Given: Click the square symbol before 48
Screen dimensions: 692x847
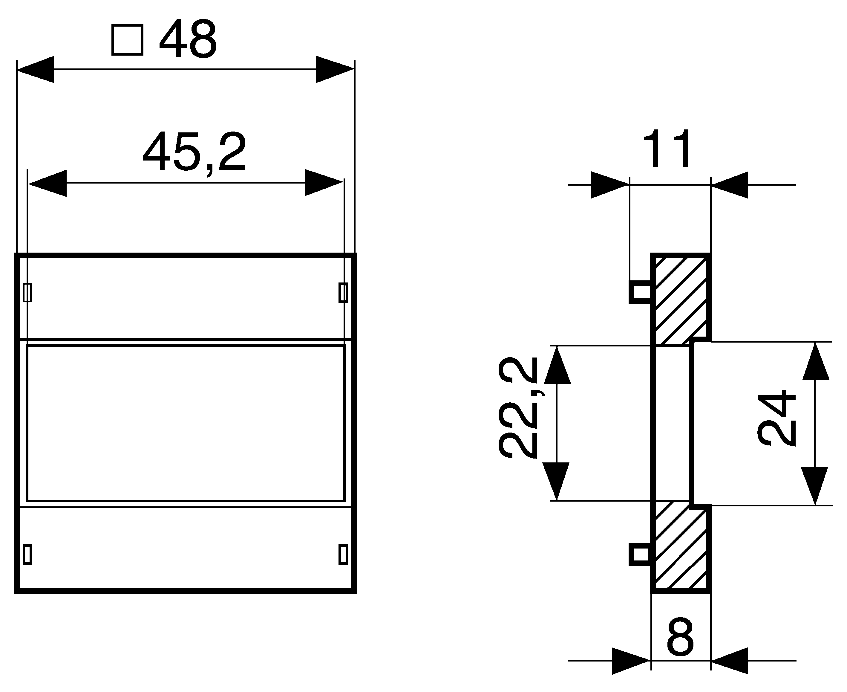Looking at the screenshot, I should click(x=127, y=40).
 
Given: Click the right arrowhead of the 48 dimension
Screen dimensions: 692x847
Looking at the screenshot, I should click(x=335, y=69).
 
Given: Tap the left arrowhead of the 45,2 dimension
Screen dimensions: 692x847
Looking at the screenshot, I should click(x=48, y=183).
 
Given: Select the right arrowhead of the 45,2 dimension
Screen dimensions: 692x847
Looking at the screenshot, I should click(x=324, y=183).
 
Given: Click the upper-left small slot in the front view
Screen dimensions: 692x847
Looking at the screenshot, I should click(x=27, y=293).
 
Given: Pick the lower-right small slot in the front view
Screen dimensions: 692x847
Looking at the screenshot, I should click(x=343, y=554).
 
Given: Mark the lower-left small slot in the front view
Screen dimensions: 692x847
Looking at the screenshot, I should click(x=27, y=554).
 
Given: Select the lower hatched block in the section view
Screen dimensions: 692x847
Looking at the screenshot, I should click(x=681, y=549).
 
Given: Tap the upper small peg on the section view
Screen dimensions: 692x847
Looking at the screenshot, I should click(x=640, y=292).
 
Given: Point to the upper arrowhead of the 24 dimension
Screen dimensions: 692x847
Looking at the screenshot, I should click(x=816, y=361).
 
